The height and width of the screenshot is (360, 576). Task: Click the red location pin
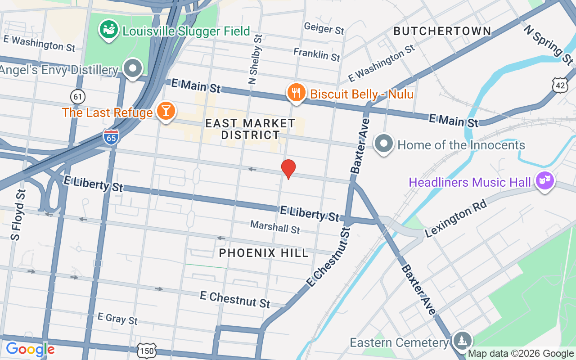[288, 168]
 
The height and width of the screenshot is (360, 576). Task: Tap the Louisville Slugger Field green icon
[108, 30]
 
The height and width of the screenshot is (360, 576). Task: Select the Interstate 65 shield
[111, 137]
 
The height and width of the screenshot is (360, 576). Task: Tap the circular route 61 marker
[78, 96]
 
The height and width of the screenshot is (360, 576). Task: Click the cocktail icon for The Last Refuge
[166, 110]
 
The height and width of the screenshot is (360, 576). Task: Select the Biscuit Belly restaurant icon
[296, 93]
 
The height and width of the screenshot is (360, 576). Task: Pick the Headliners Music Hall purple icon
[545, 181]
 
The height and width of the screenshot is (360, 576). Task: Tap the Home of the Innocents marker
[384, 144]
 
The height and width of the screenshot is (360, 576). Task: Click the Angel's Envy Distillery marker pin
[133, 69]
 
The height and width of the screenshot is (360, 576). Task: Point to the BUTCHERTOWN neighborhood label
[442, 31]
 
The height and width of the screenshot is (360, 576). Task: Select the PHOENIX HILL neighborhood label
[264, 253]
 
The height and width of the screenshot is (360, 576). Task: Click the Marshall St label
[275, 227]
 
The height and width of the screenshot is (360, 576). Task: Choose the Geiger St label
[324, 28]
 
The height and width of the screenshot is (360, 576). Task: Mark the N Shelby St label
[254, 59]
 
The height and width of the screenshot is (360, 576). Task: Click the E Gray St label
[117, 319]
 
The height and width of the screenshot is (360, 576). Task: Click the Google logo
[30, 349]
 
